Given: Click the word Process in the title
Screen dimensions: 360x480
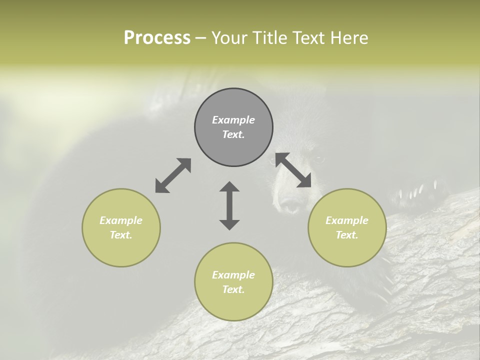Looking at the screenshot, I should [157, 38].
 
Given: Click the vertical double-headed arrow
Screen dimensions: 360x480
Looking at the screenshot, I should [229, 205].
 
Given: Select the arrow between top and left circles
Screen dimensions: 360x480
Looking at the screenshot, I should [173, 175].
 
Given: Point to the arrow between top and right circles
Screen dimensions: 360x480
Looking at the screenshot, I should [293, 170].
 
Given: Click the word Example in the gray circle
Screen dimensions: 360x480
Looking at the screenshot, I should [233, 120].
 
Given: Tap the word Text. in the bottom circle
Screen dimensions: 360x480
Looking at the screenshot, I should [233, 289].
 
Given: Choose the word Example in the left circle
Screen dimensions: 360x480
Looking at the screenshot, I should [121, 220].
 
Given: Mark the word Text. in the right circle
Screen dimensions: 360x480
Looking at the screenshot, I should [347, 235].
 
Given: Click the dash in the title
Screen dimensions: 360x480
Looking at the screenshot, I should [201, 38].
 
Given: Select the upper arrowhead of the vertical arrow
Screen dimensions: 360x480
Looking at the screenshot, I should [229, 187].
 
